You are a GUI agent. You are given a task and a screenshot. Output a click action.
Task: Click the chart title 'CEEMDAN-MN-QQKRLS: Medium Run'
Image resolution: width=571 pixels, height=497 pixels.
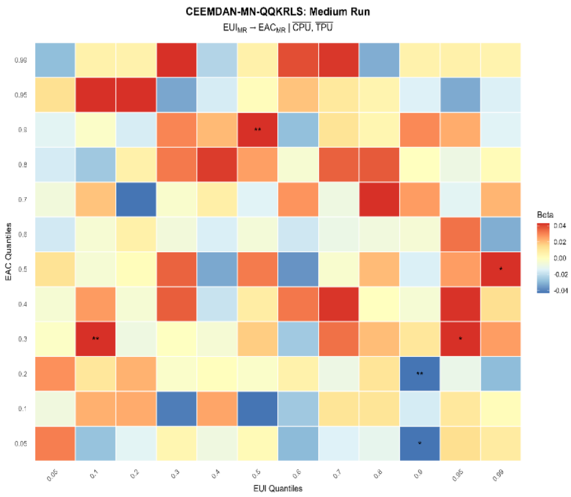(x=278, y=12)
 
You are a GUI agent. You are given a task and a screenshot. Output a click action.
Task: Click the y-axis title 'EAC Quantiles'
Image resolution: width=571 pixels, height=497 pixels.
(x=8, y=252)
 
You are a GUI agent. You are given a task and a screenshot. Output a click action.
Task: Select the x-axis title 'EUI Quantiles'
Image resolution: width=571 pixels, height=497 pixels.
(x=278, y=489)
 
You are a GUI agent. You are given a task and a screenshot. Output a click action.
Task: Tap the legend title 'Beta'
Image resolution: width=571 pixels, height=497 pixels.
(x=545, y=215)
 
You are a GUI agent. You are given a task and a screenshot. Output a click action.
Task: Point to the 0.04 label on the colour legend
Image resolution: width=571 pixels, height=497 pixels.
(x=560, y=226)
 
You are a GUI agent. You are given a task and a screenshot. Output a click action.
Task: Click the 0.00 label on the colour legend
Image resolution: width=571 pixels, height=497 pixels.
(x=560, y=258)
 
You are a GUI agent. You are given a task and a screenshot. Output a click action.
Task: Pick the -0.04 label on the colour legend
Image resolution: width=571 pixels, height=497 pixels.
(x=561, y=291)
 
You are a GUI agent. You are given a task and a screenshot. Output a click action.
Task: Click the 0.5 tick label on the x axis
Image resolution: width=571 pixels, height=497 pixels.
(x=257, y=473)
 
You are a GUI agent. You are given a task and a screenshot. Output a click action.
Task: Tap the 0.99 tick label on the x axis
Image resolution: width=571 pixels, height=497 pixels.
(x=499, y=475)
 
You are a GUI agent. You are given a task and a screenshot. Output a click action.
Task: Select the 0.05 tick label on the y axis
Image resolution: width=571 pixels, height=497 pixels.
(x=21, y=444)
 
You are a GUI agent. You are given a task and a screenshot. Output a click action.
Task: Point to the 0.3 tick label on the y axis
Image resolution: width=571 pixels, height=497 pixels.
(x=22, y=339)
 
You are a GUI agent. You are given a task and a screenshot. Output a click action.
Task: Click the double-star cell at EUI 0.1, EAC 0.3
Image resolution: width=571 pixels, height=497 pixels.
(x=96, y=339)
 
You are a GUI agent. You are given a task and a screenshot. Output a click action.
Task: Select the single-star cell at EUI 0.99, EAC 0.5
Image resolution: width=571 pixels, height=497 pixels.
(x=501, y=269)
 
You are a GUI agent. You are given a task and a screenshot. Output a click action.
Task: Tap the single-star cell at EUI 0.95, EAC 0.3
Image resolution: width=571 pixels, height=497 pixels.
(x=460, y=339)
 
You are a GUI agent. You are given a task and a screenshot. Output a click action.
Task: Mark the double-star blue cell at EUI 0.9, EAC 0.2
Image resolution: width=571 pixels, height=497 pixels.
(x=419, y=374)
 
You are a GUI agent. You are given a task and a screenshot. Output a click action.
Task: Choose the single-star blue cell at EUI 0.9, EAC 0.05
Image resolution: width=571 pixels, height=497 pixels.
(x=419, y=444)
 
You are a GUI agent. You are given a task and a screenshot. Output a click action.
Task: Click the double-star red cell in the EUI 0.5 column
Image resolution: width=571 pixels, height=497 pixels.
(x=257, y=130)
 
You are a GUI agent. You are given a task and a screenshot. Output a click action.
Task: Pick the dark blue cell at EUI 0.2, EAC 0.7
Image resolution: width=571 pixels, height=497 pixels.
(x=136, y=199)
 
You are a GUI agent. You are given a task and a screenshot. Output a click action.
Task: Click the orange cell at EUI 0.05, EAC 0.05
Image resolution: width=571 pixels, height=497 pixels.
(x=55, y=444)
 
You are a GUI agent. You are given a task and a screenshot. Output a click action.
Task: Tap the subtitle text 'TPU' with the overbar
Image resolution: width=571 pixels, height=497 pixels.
(x=324, y=28)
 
